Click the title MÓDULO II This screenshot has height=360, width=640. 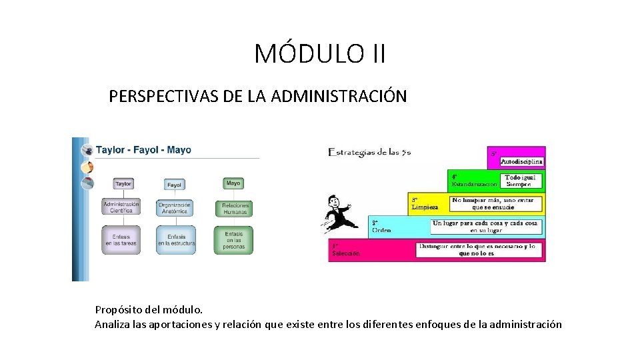[320, 53]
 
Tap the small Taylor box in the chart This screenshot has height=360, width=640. [123, 183]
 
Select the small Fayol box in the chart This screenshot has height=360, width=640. [175, 185]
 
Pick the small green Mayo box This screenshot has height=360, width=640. [233, 183]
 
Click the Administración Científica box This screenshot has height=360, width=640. [121, 207]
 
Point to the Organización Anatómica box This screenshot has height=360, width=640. [175, 208]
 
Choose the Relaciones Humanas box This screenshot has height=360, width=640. [235, 208]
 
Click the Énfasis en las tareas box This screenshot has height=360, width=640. [121, 240]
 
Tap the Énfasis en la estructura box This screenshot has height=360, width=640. [176, 240]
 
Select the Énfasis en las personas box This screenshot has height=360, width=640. [234, 240]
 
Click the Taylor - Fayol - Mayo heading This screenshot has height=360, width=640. [143, 149]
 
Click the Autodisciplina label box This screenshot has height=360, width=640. [521, 161]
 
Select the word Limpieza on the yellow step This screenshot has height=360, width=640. [425, 207]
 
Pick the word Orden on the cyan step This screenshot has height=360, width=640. [381, 230]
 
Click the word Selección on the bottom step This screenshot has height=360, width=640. [346, 253]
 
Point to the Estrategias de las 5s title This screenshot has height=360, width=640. [369, 152]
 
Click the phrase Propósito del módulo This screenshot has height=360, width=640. [148, 310]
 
